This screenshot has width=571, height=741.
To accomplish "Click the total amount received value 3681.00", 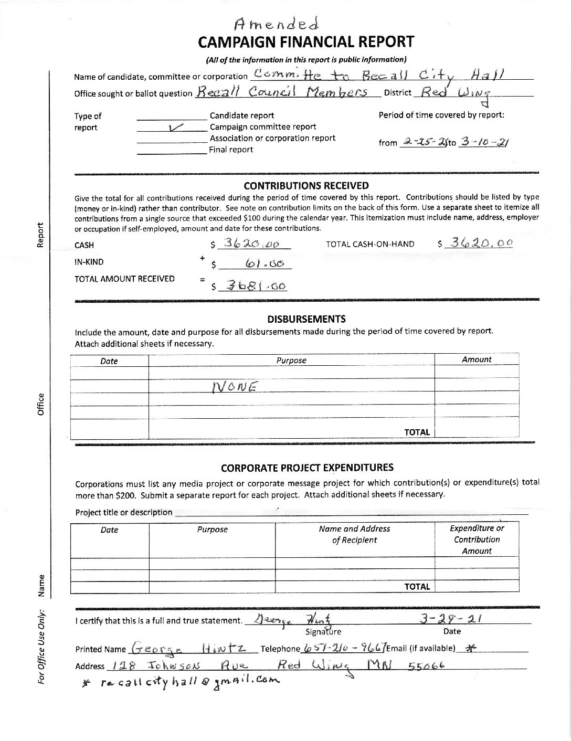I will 254,286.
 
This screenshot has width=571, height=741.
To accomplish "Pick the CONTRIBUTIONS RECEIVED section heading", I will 306,185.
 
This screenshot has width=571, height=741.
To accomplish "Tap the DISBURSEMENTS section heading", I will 306,319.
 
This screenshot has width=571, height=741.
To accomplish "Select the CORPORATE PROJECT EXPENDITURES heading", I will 307,468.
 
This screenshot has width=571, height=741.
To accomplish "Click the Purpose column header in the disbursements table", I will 291,361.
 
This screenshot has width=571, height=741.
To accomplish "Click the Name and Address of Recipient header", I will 354,534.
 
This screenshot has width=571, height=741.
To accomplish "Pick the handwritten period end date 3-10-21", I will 484,142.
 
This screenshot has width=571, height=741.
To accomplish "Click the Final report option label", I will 231,150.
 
